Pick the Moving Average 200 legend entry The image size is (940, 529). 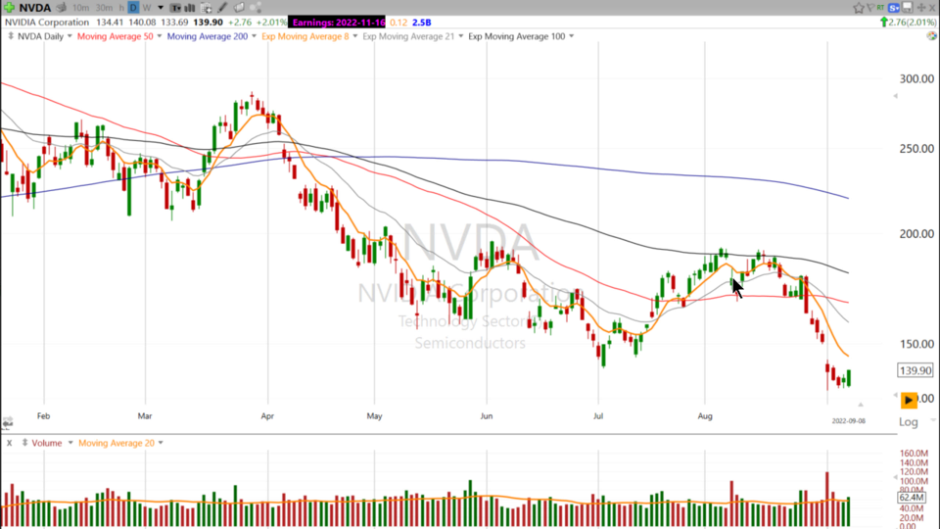tap(208, 36)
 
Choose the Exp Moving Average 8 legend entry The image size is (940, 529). tap(307, 36)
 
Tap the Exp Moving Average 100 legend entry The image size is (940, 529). tap(517, 36)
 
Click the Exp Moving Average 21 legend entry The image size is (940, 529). tap(410, 36)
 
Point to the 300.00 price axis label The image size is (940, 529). tap(916, 79)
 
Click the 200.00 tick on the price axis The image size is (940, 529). tap(916, 234)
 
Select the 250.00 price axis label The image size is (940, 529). tap(916, 149)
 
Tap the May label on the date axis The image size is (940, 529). tap(373, 414)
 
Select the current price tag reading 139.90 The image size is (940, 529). tap(914, 371)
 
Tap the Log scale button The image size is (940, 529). tap(908, 422)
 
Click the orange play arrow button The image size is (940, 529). tap(909, 400)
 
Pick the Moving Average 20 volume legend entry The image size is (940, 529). tap(117, 443)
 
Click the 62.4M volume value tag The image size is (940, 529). tap(913, 498)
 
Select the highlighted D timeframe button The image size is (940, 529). tap(132, 8)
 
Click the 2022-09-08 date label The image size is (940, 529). tap(849, 420)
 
